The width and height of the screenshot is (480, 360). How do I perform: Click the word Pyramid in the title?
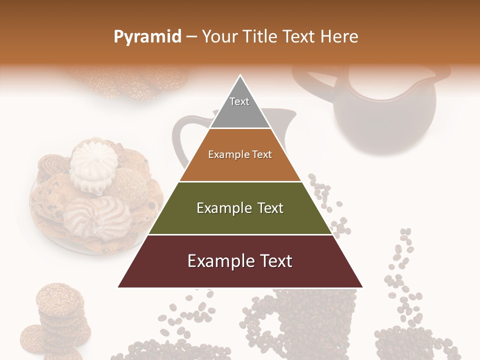pyautogui.click(x=147, y=37)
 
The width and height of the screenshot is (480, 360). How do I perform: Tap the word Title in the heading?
pyautogui.click(x=259, y=37)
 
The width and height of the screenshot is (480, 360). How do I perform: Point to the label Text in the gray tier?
pyautogui.click(x=239, y=101)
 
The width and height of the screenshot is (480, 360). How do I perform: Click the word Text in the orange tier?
pyautogui.click(x=262, y=154)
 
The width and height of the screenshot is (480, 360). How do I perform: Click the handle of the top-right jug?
pyautogui.click(x=312, y=83)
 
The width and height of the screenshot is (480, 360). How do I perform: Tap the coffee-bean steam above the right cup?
pyautogui.click(x=402, y=280)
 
